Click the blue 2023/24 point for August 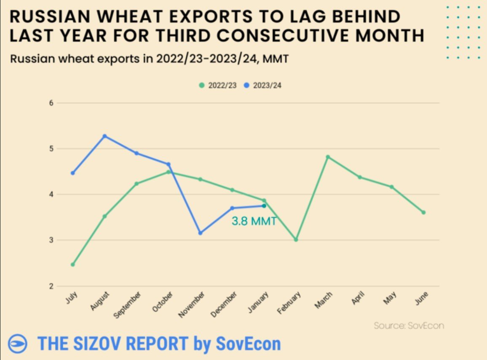click(x=104, y=136)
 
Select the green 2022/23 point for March click(x=328, y=157)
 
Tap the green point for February click(x=296, y=240)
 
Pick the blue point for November click(x=200, y=233)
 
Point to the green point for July click(x=72, y=264)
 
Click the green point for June click(x=423, y=212)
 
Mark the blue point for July click(x=72, y=173)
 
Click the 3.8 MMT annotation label click(x=254, y=221)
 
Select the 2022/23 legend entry click(x=218, y=85)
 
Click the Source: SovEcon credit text click(x=409, y=325)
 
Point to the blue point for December click(x=232, y=208)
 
